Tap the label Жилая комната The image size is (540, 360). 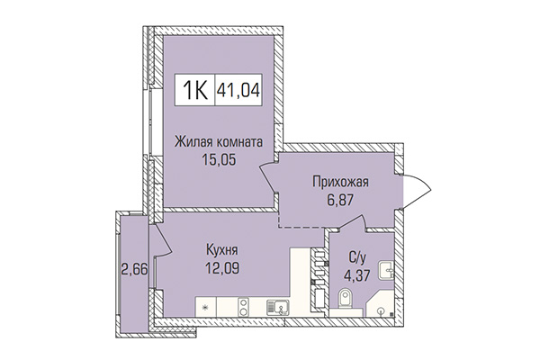[219, 142]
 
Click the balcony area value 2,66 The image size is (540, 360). [135, 267]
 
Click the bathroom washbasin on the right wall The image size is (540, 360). [384, 267]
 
